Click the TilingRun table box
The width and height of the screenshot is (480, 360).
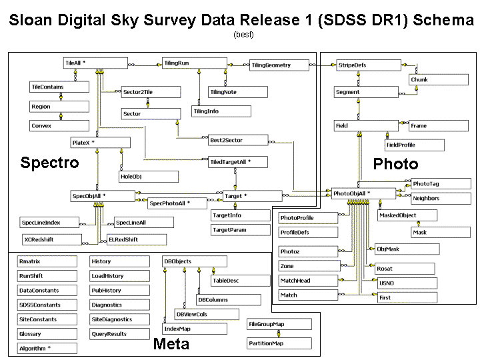[x=194, y=63]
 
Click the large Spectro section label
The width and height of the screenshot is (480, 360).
[x=49, y=163]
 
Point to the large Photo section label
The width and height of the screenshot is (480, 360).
[x=395, y=164]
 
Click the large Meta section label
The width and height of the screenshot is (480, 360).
[x=171, y=344]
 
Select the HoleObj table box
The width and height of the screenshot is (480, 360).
[x=149, y=177]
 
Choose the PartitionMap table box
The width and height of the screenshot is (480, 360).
[x=279, y=344]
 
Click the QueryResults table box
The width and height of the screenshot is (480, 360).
[x=119, y=334]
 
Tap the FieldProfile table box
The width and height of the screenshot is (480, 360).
[x=414, y=145]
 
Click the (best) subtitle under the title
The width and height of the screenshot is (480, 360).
[x=243, y=34]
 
